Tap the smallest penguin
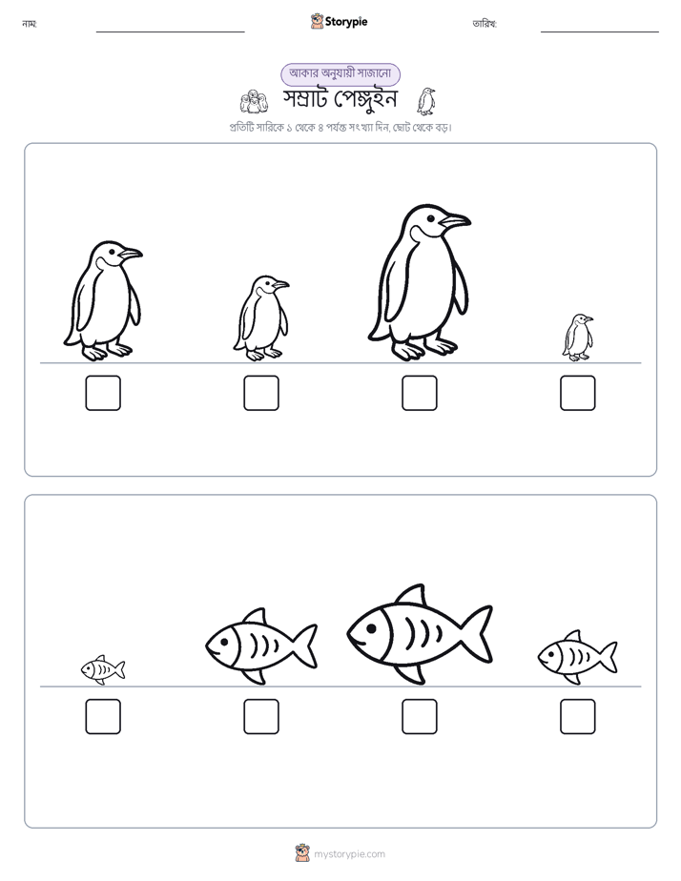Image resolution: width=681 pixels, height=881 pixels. click(x=578, y=338)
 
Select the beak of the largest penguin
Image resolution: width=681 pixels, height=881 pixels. click(x=455, y=220)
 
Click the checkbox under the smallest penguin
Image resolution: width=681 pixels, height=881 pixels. click(x=578, y=393)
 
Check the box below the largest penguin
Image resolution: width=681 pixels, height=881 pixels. click(x=420, y=393)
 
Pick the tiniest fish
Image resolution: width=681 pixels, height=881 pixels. click(x=103, y=669)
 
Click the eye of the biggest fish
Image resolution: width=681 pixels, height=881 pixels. click(x=371, y=627)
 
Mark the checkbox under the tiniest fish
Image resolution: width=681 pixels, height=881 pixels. click(x=103, y=716)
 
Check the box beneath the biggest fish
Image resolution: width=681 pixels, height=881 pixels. click(x=420, y=716)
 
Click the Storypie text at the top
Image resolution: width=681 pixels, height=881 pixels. click(x=346, y=22)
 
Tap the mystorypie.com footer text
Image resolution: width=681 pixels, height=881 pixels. click(x=349, y=854)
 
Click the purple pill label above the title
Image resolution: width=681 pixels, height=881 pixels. click(x=340, y=73)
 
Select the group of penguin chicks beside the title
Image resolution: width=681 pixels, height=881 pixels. click(x=254, y=102)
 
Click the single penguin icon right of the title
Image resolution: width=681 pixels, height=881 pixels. click(x=426, y=101)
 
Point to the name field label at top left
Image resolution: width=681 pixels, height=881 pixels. click(x=30, y=24)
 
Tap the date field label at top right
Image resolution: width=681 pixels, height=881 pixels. click(x=485, y=24)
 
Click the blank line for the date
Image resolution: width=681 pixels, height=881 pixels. click(x=600, y=32)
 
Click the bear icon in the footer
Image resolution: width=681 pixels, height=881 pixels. click(x=302, y=853)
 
